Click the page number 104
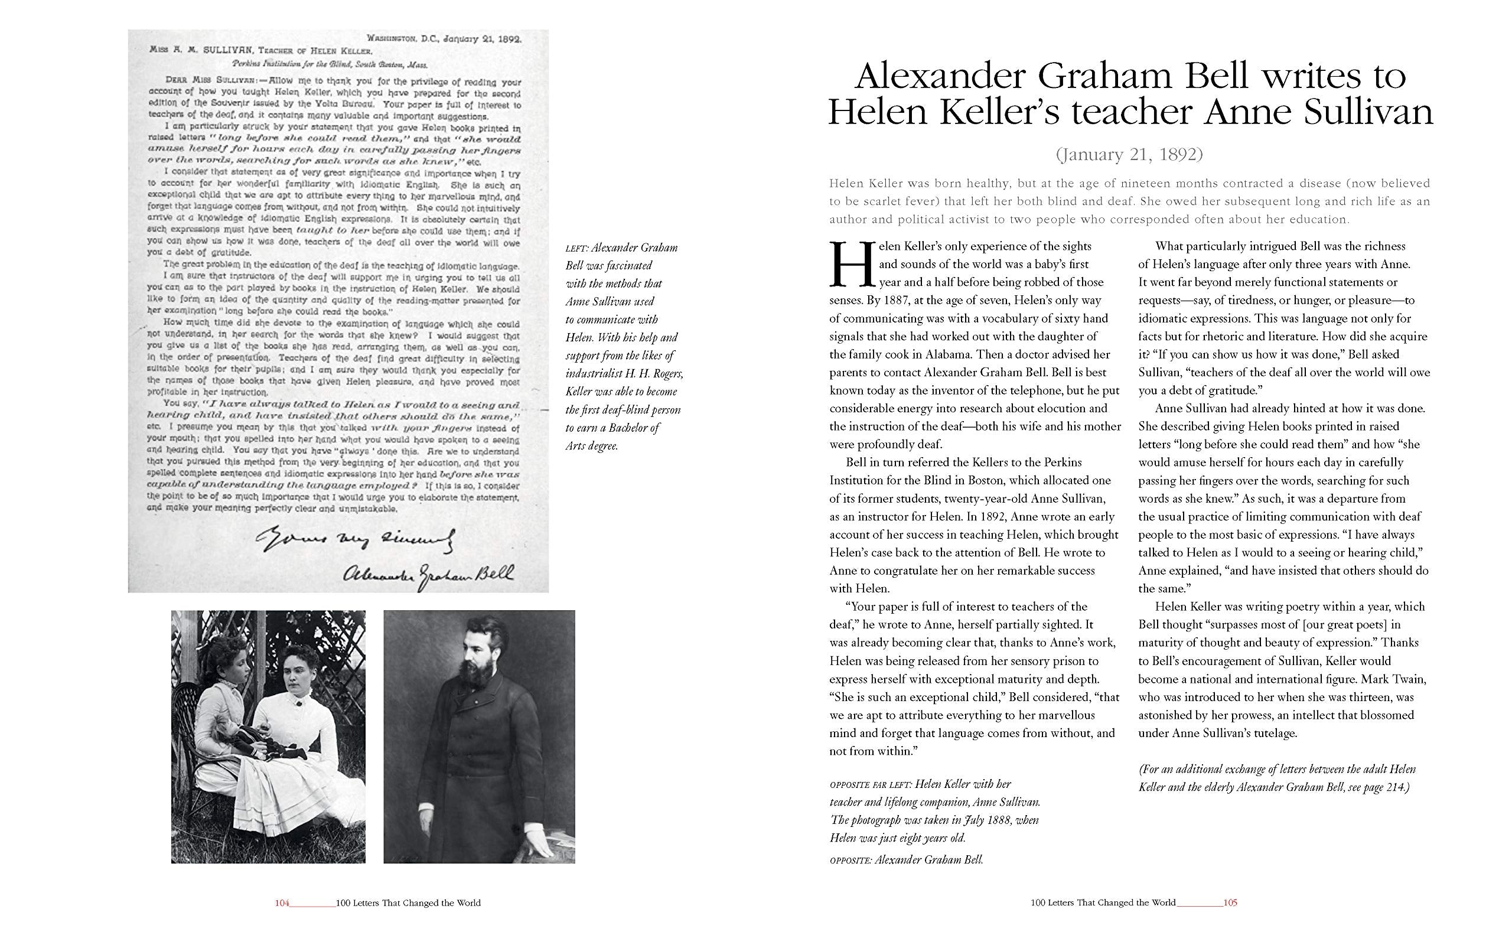[282, 903]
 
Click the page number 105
[1230, 903]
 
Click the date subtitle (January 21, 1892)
[1130, 154]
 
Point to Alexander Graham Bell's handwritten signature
[429, 573]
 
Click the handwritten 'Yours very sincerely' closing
[355, 539]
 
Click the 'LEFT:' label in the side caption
[576, 248]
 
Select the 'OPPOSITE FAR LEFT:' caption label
[870, 785]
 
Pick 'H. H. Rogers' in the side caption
[653, 374]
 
